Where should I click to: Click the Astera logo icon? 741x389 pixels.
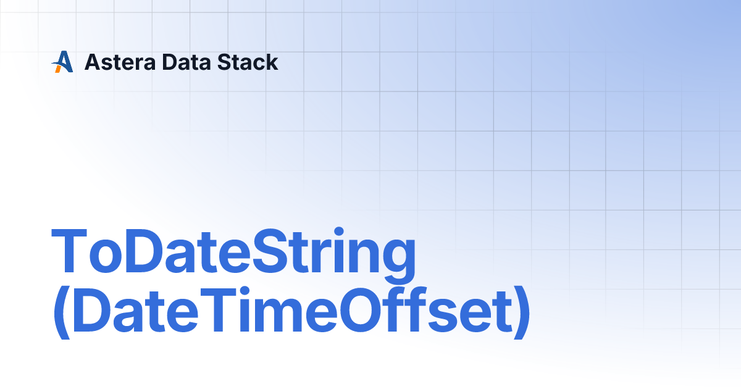pos(62,62)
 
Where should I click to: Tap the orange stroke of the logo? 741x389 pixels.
pos(58,68)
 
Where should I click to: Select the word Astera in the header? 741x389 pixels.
pos(120,62)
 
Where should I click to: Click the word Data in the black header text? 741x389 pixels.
pos(186,62)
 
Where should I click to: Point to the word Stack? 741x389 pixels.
pos(248,62)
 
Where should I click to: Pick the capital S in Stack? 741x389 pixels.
pos(224,62)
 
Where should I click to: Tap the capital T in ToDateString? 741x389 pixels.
pos(69,251)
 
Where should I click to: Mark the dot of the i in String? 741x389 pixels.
pos(339,231)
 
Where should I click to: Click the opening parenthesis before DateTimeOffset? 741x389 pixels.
pos(62,312)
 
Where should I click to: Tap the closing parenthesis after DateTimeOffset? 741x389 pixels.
pos(522,312)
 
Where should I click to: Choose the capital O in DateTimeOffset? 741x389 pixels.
pos(362,309)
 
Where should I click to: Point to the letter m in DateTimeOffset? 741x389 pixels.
pos(278,314)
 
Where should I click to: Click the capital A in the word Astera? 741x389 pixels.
pos(92,62)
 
